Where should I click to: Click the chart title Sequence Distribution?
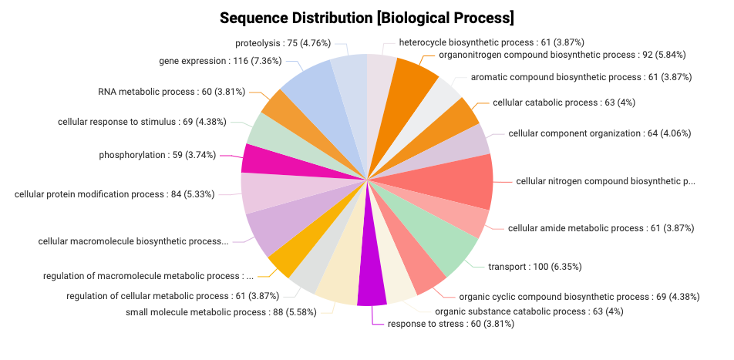tap(366, 18)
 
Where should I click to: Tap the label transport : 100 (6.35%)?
tap(534, 267)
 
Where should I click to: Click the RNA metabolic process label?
tap(171, 92)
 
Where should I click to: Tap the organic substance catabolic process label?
tap(529, 311)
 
